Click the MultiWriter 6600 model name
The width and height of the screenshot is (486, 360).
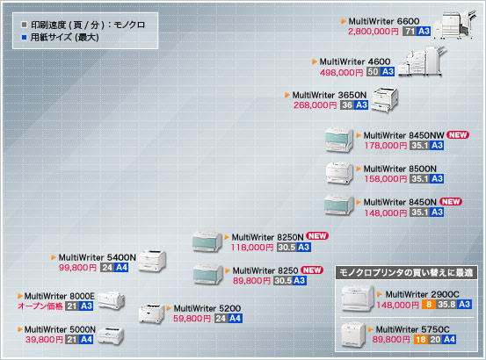click(384, 21)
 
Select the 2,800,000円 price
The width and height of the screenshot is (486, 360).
click(373, 32)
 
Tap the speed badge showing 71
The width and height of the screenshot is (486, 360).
click(410, 32)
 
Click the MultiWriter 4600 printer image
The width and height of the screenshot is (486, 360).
click(422, 61)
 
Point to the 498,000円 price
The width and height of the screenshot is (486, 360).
click(341, 72)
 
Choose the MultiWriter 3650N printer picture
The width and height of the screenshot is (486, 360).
click(385, 99)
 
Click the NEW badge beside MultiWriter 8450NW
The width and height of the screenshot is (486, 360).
click(458, 135)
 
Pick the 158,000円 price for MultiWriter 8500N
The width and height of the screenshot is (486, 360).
click(386, 179)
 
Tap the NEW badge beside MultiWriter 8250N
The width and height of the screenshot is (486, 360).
click(317, 236)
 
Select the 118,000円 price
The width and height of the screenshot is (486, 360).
click(252, 248)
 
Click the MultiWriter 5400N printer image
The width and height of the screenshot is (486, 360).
click(152, 261)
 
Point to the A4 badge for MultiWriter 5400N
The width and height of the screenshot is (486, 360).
click(121, 268)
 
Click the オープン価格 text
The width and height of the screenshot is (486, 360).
click(40, 306)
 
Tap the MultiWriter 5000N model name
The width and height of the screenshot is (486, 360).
click(60, 329)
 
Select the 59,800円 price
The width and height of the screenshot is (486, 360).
click(192, 319)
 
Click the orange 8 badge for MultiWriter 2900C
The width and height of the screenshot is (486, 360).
click(429, 305)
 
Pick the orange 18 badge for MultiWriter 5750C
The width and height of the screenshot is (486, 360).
click(421, 340)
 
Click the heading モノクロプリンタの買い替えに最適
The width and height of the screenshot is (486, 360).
click(406, 273)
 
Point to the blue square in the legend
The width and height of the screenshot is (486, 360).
click(25, 38)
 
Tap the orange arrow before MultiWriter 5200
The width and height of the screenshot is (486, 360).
click(169, 308)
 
